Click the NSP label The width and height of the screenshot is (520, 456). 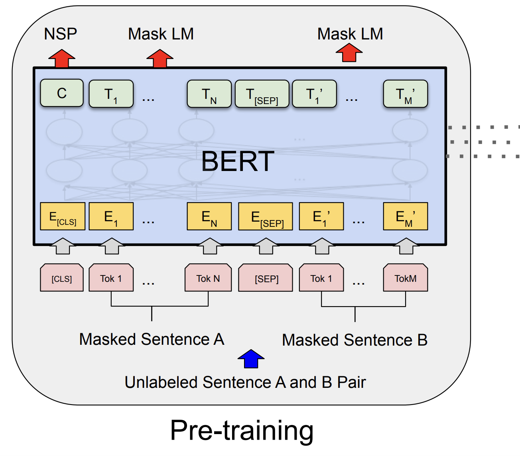[x=60, y=34]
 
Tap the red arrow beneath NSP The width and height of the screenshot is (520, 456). [x=62, y=59]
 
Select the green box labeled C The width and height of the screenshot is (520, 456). [x=62, y=93]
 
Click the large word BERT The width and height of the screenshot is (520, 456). [x=238, y=161]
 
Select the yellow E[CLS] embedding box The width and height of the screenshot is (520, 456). [x=63, y=217]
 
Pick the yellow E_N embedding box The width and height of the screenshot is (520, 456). [x=209, y=217]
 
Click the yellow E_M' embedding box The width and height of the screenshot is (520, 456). [x=405, y=217]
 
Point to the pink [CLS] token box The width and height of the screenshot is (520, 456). [x=62, y=278]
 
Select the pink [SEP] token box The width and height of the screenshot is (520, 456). [x=266, y=278]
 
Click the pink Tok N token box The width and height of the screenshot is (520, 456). [x=208, y=278]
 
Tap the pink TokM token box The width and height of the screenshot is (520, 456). [x=405, y=278]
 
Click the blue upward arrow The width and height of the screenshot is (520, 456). [x=251, y=359]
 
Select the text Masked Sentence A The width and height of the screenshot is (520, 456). [x=152, y=340]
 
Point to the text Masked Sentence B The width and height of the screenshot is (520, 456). [x=355, y=340]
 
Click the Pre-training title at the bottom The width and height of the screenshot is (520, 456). [x=242, y=430]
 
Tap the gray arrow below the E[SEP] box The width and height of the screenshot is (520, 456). [x=266, y=246]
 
